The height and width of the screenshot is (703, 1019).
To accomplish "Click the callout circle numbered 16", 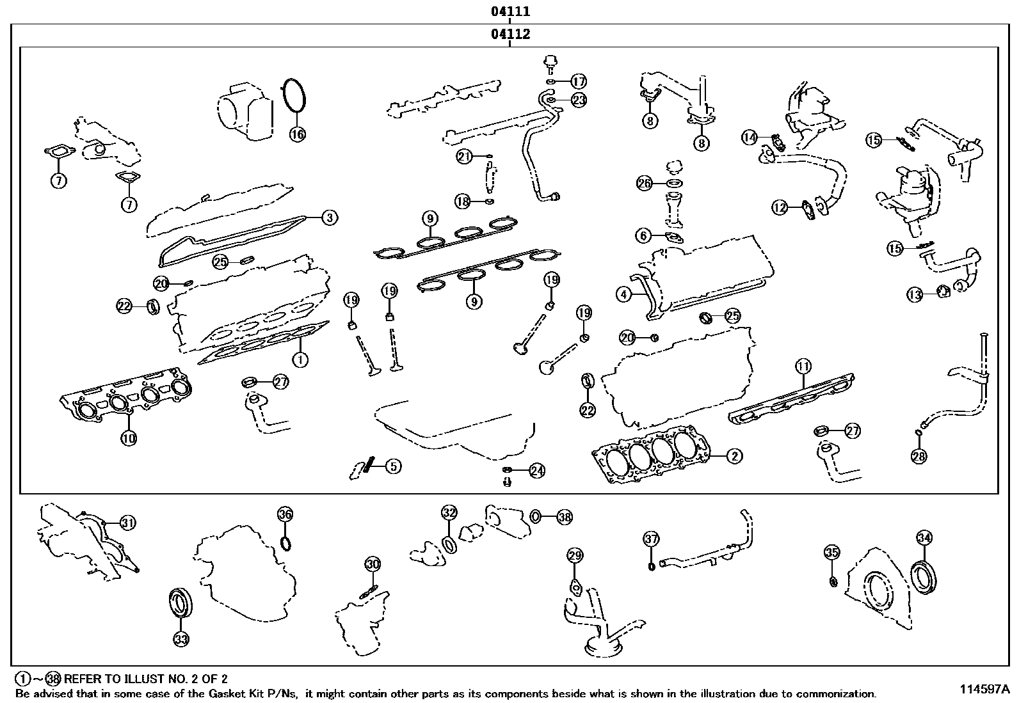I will [298, 134].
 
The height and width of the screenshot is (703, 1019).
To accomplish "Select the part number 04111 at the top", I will [510, 12].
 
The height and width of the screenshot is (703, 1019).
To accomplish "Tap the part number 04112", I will [510, 35].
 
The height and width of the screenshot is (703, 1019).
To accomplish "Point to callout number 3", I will [329, 217].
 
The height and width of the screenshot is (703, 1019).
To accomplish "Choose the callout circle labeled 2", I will [734, 456].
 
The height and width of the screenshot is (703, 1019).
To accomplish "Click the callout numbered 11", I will [803, 367].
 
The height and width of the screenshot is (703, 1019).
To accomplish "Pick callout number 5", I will [393, 466].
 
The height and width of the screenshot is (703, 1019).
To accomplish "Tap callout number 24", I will [537, 471].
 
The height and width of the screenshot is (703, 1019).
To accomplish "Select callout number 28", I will [919, 456].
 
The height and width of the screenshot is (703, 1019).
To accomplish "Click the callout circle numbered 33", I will [181, 638].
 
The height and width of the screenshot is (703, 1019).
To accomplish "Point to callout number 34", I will [924, 538].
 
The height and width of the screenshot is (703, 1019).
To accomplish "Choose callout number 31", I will [128, 523].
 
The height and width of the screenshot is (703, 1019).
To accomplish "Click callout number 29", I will [575, 555].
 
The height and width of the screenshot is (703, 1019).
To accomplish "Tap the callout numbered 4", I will [624, 295].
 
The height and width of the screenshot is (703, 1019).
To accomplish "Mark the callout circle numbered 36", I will [285, 514].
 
